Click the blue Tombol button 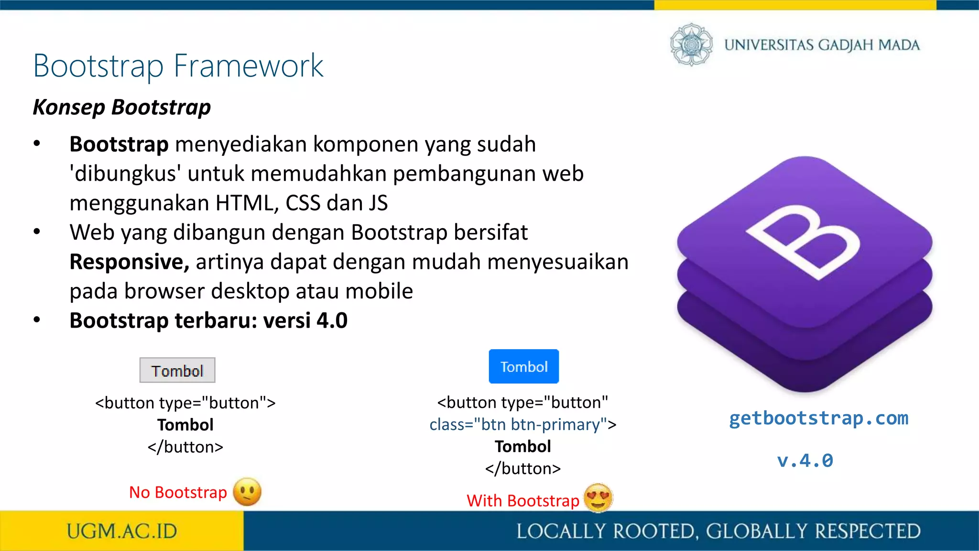coord(523,366)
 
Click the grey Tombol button coord(177,370)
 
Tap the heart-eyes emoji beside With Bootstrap coord(598,497)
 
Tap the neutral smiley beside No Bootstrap coord(247,492)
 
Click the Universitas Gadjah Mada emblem coord(691,44)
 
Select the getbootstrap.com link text coord(818,418)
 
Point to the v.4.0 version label coord(805,461)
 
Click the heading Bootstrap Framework coord(178,66)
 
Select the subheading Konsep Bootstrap coord(122,107)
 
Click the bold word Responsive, coord(130,262)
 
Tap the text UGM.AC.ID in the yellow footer coord(122,531)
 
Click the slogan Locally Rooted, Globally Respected coord(718,531)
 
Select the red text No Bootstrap coord(178,492)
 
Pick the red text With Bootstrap coord(523,500)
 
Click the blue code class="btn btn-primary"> coord(523,424)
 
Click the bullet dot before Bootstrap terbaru coord(37,320)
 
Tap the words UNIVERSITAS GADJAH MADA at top coord(822,45)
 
